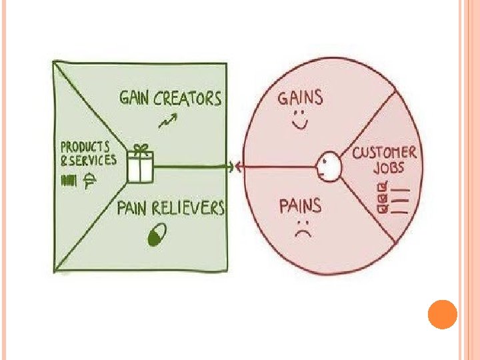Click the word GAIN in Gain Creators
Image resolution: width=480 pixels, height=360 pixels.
[135, 99]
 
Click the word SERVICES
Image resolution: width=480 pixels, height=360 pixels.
[93, 160]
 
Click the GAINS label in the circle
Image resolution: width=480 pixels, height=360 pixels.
[300, 99]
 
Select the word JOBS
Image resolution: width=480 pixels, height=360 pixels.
[387, 167]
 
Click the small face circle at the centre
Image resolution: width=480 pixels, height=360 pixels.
[328, 166]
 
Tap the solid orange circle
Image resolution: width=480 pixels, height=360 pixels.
[441, 314]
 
